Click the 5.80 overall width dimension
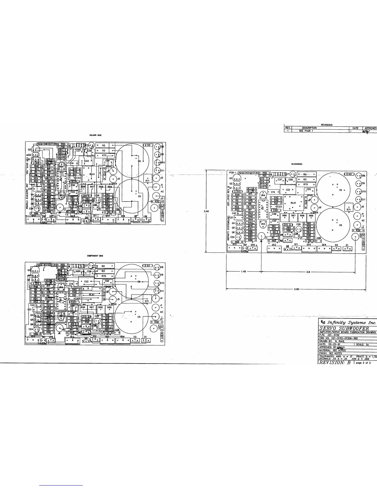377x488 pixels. tap(296, 290)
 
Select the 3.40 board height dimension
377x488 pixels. tap(207, 211)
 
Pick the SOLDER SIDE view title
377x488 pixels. tap(93, 135)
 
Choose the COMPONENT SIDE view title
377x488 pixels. tap(95, 256)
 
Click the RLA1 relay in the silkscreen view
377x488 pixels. tap(293, 203)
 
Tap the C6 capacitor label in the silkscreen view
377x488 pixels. tap(340, 190)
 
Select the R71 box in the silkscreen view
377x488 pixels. tap(348, 209)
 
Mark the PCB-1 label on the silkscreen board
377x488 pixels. tap(233, 173)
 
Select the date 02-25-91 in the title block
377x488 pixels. tap(334, 344)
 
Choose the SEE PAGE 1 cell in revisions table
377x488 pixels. tap(306, 131)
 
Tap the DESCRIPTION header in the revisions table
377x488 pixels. tap(309, 128)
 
